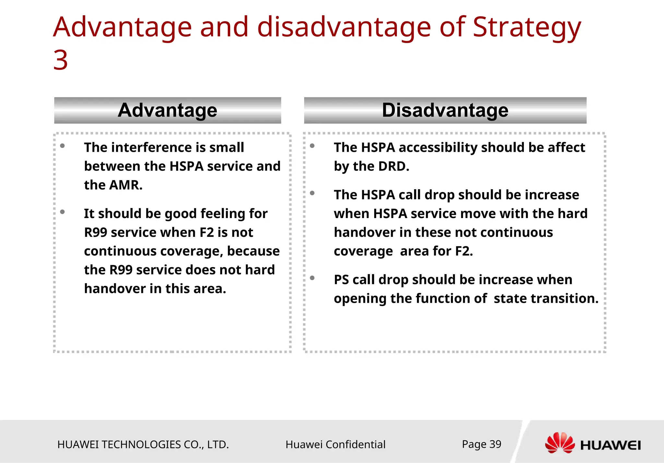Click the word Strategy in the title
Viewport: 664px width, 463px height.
(x=527, y=28)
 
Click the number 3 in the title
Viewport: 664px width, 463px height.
(x=61, y=60)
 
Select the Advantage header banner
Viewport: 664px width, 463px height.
(x=167, y=110)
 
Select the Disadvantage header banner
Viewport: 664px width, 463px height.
(x=445, y=110)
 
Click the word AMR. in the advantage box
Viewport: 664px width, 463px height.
(x=125, y=185)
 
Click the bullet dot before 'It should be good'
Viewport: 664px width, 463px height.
(x=63, y=212)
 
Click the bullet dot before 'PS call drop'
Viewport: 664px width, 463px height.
(x=312, y=278)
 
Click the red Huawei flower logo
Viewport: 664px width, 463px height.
(x=560, y=443)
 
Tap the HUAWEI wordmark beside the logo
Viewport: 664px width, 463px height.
(x=611, y=445)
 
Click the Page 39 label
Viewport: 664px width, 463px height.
(x=481, y=444)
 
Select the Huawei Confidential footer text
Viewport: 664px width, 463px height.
(x=335, y=445)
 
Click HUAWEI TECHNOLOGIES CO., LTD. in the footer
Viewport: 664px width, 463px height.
(x=143, y=445)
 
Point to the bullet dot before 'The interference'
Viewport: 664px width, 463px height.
(x=63, y=146)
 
